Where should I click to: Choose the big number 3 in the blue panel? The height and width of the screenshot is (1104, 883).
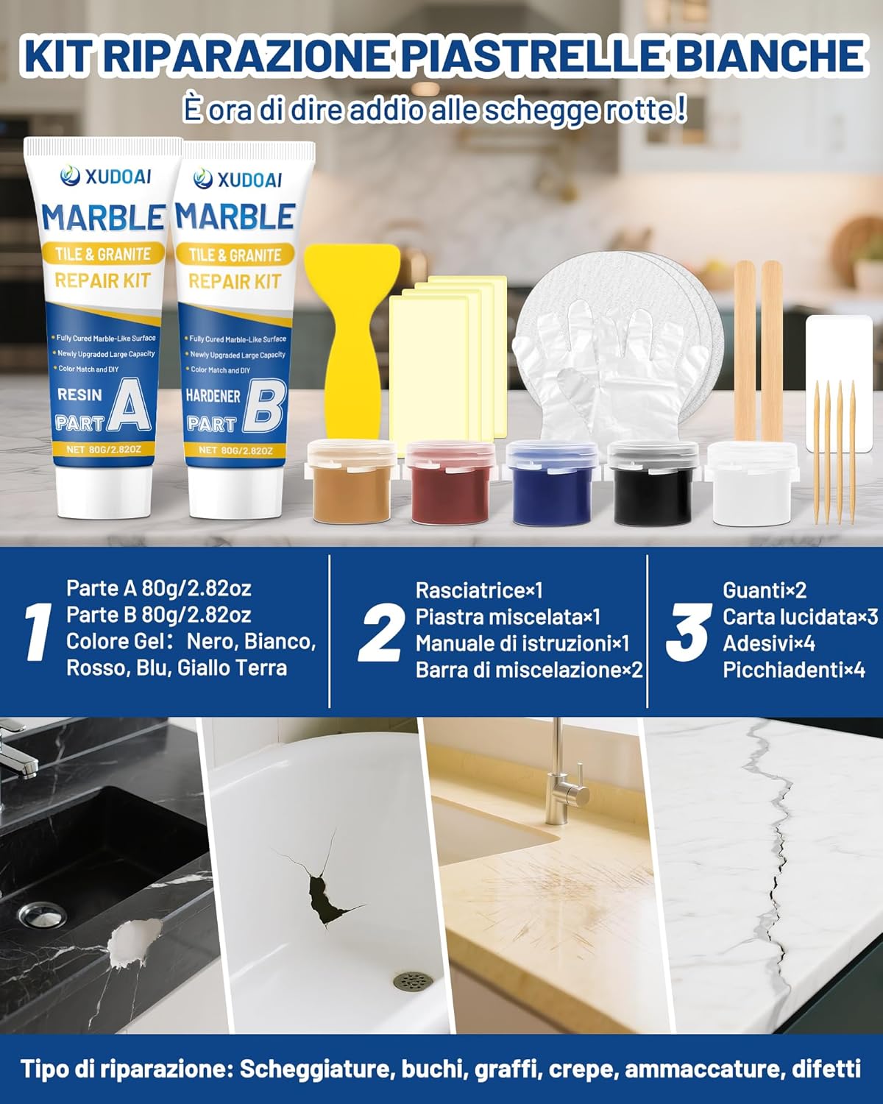(x=688, y=632)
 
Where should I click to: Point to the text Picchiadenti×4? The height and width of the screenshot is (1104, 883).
(x=793, y=670)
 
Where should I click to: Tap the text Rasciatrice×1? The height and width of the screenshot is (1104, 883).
(x=478, y=590)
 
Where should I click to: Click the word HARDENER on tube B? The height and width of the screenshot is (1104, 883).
(x=213, y=396)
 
